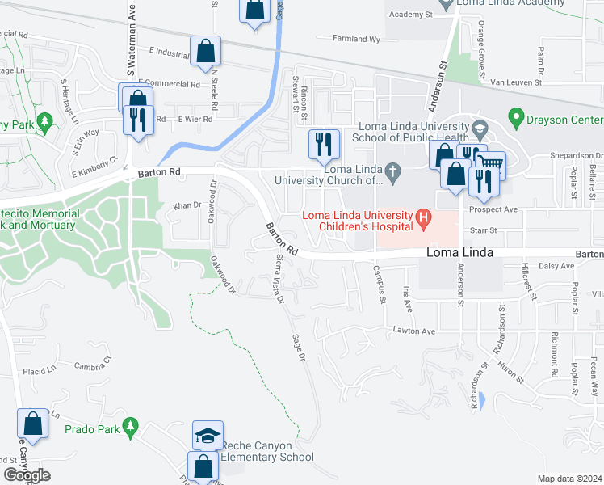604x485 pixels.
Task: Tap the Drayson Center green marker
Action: point(515,120)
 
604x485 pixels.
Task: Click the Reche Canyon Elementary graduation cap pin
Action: point(208,436)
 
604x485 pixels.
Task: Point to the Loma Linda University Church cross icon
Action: point(392,171)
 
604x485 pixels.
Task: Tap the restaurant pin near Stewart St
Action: point(322,145)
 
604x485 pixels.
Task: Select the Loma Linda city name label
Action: point(459,253)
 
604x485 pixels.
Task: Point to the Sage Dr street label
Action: point(300,347)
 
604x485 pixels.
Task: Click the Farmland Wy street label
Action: point(357,39)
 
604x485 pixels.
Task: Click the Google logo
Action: point(27,475)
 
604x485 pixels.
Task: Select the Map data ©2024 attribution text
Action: point(569,479)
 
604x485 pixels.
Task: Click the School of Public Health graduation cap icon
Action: point(479,129)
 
